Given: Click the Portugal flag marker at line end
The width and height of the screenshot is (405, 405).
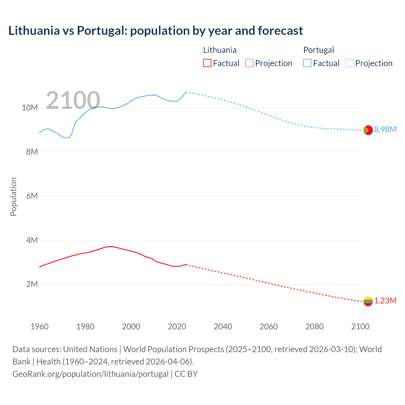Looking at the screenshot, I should point(368,130).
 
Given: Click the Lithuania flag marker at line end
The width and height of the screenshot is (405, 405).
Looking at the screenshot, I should point(368,301).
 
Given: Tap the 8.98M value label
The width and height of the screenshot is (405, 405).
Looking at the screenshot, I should point(385,129).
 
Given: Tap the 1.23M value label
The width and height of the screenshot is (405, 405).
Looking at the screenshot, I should point(385,301).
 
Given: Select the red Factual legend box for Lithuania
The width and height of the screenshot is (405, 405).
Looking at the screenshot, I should point(207,63).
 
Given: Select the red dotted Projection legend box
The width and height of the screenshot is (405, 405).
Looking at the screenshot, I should point(249,63).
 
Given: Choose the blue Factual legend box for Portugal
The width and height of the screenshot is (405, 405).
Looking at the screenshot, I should point(307,63).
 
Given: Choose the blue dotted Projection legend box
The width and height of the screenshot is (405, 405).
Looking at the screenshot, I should point(350,63).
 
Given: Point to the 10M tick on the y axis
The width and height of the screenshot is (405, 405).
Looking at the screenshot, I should point(30,108).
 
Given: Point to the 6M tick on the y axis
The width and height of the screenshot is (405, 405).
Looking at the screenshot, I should point(32,196).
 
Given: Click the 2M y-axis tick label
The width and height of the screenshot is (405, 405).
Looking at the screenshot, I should point(32,284).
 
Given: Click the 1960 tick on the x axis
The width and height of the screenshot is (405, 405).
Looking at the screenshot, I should point(40,327).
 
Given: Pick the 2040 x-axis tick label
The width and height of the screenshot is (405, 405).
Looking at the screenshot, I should point(223,327).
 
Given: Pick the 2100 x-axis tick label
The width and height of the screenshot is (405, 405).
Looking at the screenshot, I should point(360,327).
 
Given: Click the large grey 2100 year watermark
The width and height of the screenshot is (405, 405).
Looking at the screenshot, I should point(73,101).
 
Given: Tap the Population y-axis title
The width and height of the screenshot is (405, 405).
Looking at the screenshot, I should point(13,196).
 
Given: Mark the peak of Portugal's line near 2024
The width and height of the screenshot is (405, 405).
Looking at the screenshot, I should point(186,92).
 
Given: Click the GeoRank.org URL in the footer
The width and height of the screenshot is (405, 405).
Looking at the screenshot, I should point(90,374).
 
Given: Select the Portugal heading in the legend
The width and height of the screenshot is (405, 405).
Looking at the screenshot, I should point(319,50).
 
